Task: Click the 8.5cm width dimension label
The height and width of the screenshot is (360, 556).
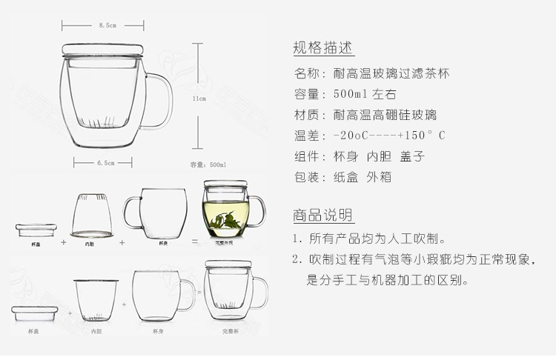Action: (x=107, y=25)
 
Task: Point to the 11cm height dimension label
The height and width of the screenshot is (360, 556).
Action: (x=199, y=97)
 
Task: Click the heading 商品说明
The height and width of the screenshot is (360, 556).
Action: (x=323, y=216)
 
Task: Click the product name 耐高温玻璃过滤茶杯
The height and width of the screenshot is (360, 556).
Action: (x=391, y=73)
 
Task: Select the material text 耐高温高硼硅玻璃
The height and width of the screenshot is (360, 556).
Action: (x=385, y=115)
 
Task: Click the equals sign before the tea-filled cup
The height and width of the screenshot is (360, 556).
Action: (x=193, y=241)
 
